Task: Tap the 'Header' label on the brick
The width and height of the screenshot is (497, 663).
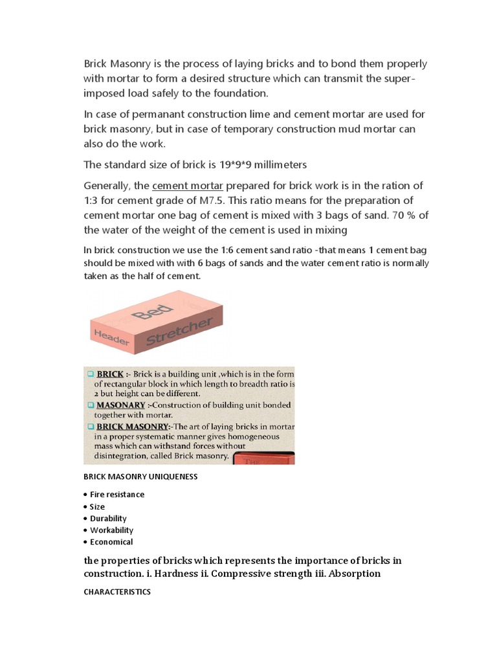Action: click(108, 336)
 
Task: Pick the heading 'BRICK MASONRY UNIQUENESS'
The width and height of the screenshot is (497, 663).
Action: click(140, 477)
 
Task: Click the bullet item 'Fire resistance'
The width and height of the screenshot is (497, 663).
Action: click(117, 495)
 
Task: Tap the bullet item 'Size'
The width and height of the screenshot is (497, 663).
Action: click(97, 507)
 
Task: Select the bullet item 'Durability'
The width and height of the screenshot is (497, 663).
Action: click(108, 519)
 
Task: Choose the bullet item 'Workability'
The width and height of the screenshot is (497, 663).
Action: click(111, 530)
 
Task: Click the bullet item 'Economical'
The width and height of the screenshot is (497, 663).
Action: click(111, 542)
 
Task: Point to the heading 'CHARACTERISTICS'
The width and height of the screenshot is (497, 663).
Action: click(117, 592)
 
